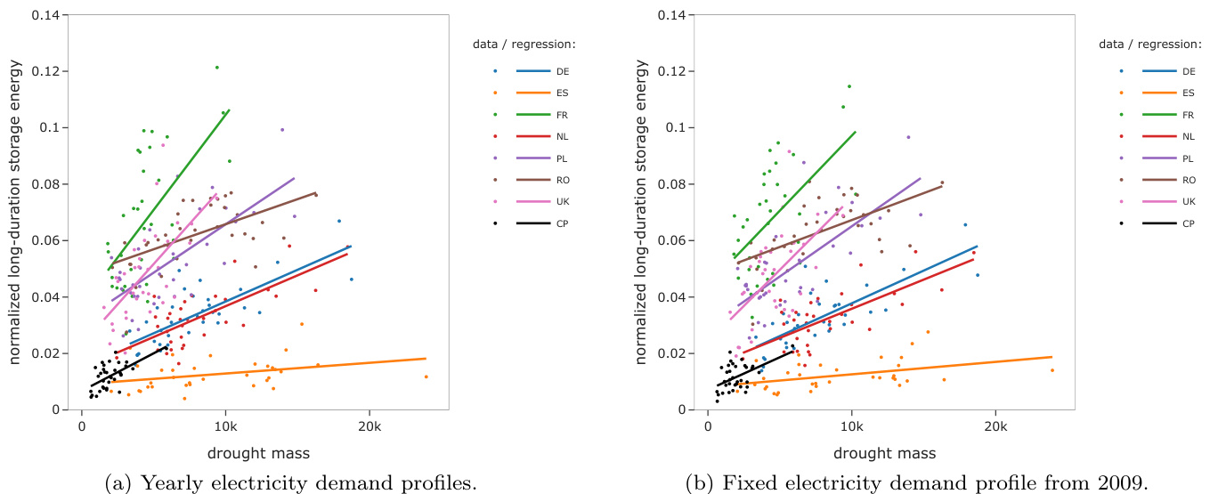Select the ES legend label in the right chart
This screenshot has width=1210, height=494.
tap(1190, 93)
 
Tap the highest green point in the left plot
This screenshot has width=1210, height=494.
tap(216, 67)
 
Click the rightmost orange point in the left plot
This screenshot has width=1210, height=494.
tap(426, 377)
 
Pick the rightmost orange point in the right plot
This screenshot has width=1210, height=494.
tap(1052, 370)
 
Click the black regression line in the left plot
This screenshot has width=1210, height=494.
tap(129, 366)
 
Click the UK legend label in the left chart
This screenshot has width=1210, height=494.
tap(564, 201)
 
